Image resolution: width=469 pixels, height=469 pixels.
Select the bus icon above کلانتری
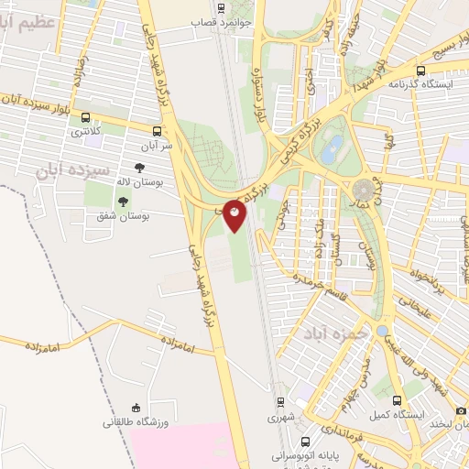click(x=86, y=118)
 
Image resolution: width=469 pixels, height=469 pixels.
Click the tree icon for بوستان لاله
click(x=139, y=168)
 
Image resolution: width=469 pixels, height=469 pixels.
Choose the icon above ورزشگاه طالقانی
click(x=136, y=408)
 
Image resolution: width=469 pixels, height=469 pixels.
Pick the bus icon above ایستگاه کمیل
click(x=397, y=401)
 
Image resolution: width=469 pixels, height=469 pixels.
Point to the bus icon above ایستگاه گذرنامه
click(x=420, y=70)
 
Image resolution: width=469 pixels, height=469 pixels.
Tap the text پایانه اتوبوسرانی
click(x=308, y=454)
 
